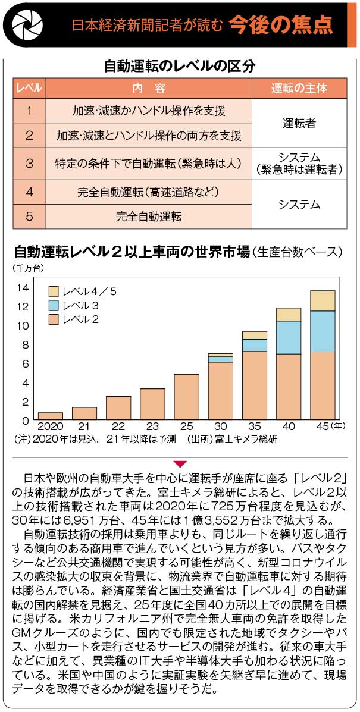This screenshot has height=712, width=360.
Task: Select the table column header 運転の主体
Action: click(299, 88)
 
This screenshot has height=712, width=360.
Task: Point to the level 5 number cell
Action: click(29, 216)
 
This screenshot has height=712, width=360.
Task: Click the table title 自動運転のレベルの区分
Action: click(180, 65)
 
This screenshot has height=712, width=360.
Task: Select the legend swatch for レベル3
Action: click(53, 305)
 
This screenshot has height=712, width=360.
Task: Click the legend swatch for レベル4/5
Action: click(53, 291)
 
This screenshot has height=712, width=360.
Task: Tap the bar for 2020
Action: click(50, 416)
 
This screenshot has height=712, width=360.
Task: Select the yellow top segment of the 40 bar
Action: click(289, 314)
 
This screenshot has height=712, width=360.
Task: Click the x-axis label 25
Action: click(186, 426)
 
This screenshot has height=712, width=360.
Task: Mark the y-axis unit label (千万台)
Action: click(28, 268)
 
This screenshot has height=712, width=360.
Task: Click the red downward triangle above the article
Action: click(180, 463)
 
